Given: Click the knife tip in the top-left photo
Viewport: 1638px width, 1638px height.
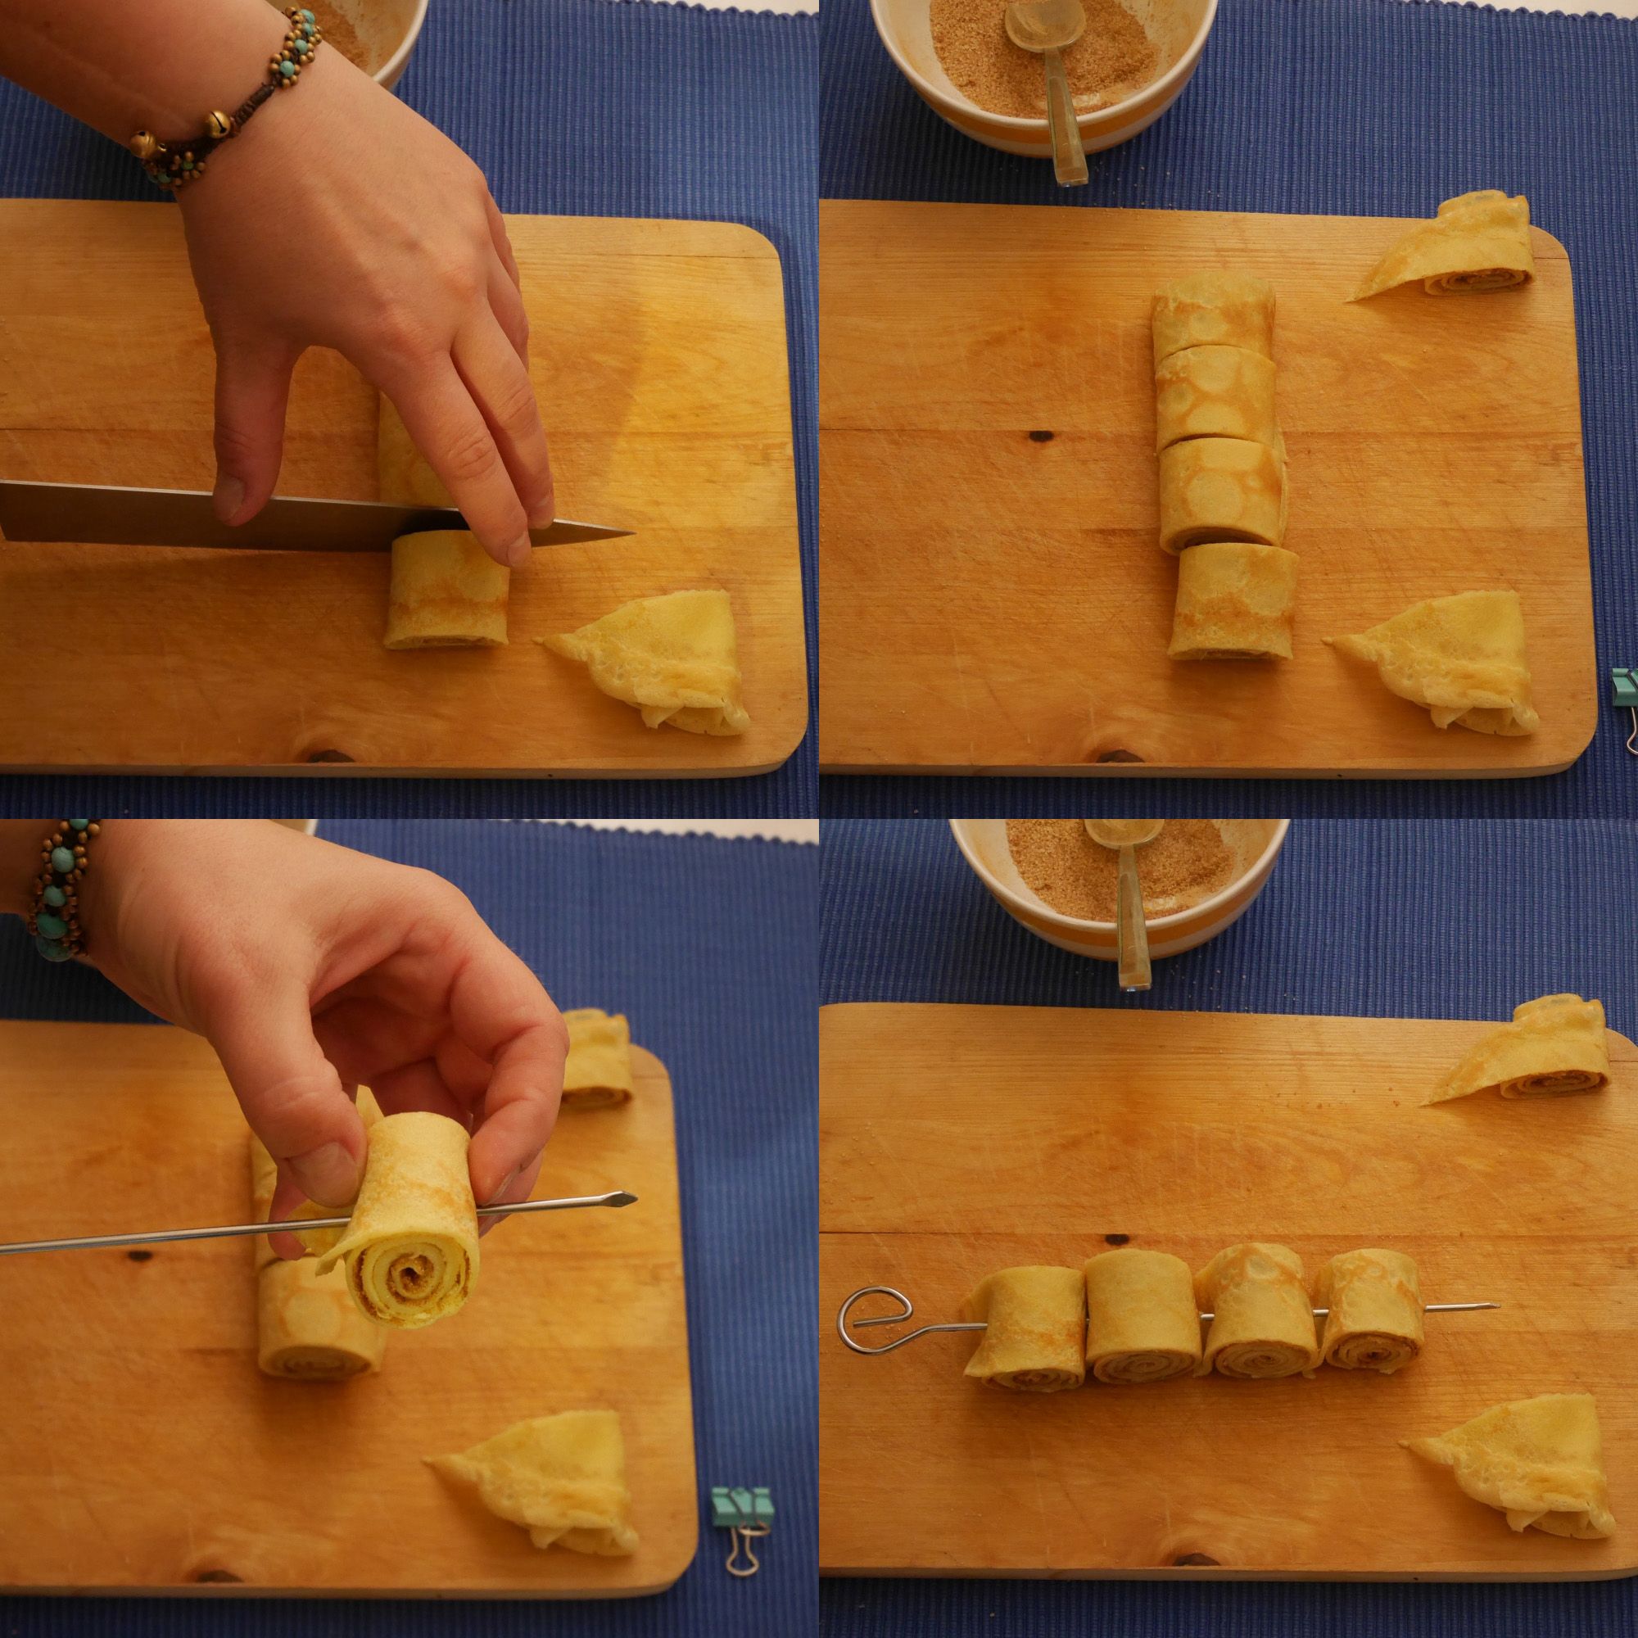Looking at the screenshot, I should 631,534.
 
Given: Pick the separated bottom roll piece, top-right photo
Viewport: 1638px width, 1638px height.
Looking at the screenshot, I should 1233,600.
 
